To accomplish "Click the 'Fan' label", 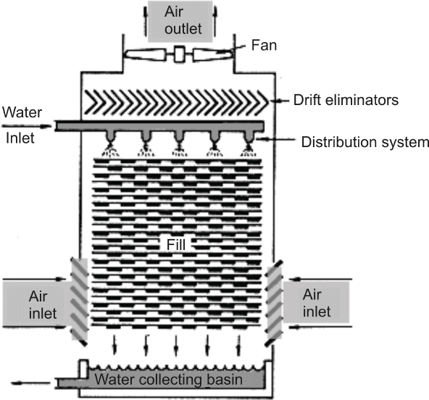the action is [264, 45].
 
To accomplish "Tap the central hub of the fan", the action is [180, 54].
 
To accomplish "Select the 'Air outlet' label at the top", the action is [183, 21].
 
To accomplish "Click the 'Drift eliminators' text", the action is [346, 100].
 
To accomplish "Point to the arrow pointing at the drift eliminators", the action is [280, 101].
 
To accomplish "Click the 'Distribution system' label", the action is [365, 142].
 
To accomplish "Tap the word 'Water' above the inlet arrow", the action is [22, 112].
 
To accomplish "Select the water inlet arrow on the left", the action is [27, 126].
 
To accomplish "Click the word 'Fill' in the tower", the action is [176, 244].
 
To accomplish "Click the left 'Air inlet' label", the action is [43, 305].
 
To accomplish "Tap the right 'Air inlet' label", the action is [317, 303].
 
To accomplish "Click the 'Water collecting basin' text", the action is [169, 380].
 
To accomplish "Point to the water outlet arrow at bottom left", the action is [31, 383].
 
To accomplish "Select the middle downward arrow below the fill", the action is [176, 345].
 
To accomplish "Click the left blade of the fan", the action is [144, 55].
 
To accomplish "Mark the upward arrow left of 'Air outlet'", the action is [146, 20].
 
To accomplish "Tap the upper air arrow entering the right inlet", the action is [320, 279].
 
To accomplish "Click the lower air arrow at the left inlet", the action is [35, 327].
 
